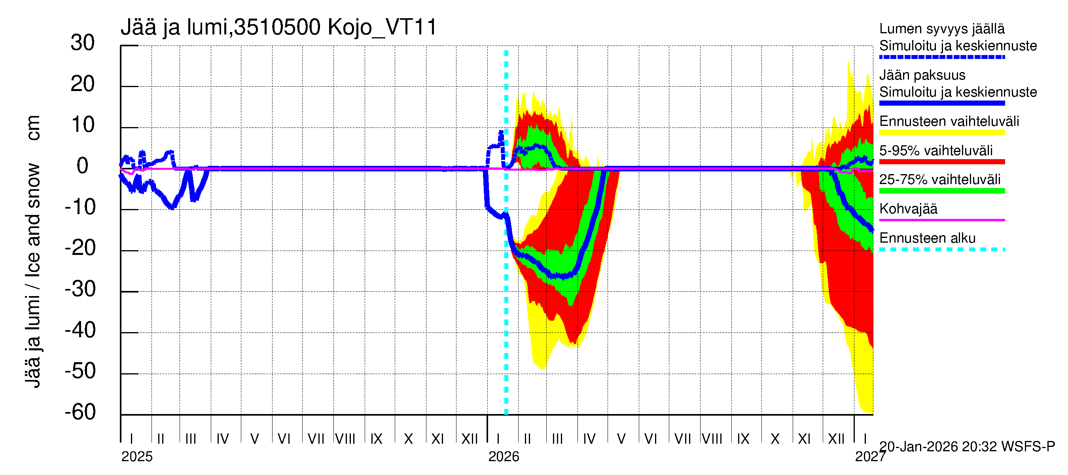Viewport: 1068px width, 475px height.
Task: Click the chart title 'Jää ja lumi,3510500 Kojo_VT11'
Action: [278, 27]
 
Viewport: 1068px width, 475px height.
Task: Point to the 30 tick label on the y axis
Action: [83, 43]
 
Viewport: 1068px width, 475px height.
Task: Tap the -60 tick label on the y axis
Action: [80, 412]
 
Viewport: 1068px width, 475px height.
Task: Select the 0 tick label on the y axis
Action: [83, 166]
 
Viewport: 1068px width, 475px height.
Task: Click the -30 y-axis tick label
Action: [80, 289]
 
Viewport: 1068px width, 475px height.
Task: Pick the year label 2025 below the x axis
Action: [137, 457]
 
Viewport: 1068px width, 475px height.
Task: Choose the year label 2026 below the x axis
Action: [504, 457]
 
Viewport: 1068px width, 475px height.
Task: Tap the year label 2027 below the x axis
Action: [870, 457]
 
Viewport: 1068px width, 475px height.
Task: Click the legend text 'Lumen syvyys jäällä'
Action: [942, 29]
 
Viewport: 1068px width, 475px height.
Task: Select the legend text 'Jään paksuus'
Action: [922, 75]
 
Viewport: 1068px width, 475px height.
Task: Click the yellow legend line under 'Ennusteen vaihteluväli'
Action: [942, 133]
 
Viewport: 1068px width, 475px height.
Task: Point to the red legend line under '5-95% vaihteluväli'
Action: [942, 162]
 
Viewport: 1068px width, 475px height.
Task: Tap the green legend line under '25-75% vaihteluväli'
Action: [942, 191]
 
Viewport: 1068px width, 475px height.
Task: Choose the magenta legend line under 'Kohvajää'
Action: [942, 220]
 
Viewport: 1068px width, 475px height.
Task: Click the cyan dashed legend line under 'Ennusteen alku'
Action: [942, 249]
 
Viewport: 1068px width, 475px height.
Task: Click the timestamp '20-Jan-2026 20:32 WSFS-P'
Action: [967, 447]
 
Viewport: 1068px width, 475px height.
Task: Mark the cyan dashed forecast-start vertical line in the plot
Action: [506, 291]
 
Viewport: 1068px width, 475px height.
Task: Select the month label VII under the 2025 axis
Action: [316, 439]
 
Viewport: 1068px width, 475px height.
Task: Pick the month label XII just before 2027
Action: [836, 439]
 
